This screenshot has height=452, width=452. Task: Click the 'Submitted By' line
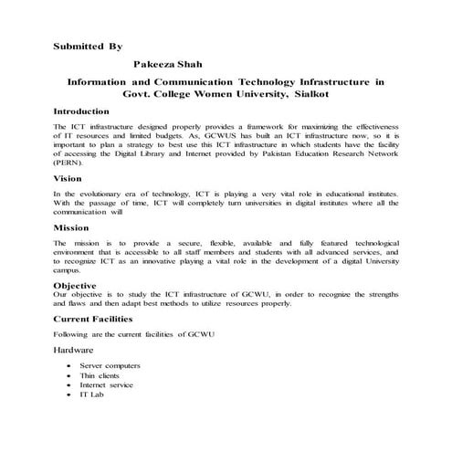click(88, 44)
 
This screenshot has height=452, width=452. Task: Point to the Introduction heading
click(82, 110)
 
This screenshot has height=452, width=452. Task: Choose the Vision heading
click(68, 179)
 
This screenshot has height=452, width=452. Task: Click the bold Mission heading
click(71, 227)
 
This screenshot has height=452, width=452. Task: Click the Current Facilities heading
click(93, 320)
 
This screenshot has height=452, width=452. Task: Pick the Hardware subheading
click(74, 350)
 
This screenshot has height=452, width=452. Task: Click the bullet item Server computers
click(110, 365)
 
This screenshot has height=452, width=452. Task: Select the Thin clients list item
click(100, 375)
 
